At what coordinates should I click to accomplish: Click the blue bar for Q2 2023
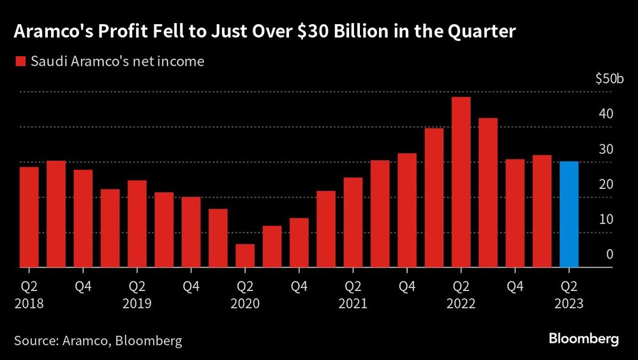point(569,214)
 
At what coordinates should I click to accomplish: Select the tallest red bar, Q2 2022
point(461,182)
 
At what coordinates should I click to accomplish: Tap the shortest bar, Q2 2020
point(245,255)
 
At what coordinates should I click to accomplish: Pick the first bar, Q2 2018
point(29,217)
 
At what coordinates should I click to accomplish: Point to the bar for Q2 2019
point(137,223)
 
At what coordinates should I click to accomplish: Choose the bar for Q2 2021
point(353,222)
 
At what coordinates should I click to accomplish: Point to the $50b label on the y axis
point(608,79)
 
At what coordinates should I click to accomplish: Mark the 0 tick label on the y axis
point(609,255)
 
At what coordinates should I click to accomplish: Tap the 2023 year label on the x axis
point(569,303)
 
